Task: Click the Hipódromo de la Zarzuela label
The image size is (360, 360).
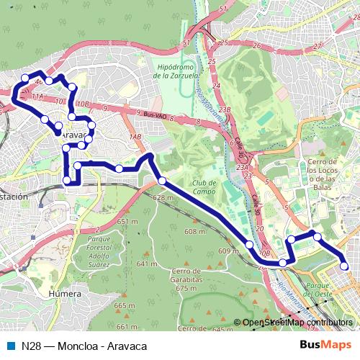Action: pyautogui.click(x=181, y=71)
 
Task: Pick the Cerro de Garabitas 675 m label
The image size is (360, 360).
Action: pyautogui.click(x=186, y=279)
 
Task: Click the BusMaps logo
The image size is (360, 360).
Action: pyautogui.click(x=325, y=346)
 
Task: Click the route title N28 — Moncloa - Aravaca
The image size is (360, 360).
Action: pyautogui.click(x=84, y=346)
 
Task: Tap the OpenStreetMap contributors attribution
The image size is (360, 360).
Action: pyautogui.click(x=297, y=323)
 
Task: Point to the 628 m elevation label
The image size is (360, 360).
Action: pyautogui.click(x=163, y=198)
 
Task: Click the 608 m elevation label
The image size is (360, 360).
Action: pyautogui.click(x=195, y=231)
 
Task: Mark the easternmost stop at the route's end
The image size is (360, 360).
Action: pyautogui.click(x=345, y=266)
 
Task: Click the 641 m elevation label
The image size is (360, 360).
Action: pyautogui.click(x=147, y=264)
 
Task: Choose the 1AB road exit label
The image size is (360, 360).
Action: pyautogui.click(x=135, y=137)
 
